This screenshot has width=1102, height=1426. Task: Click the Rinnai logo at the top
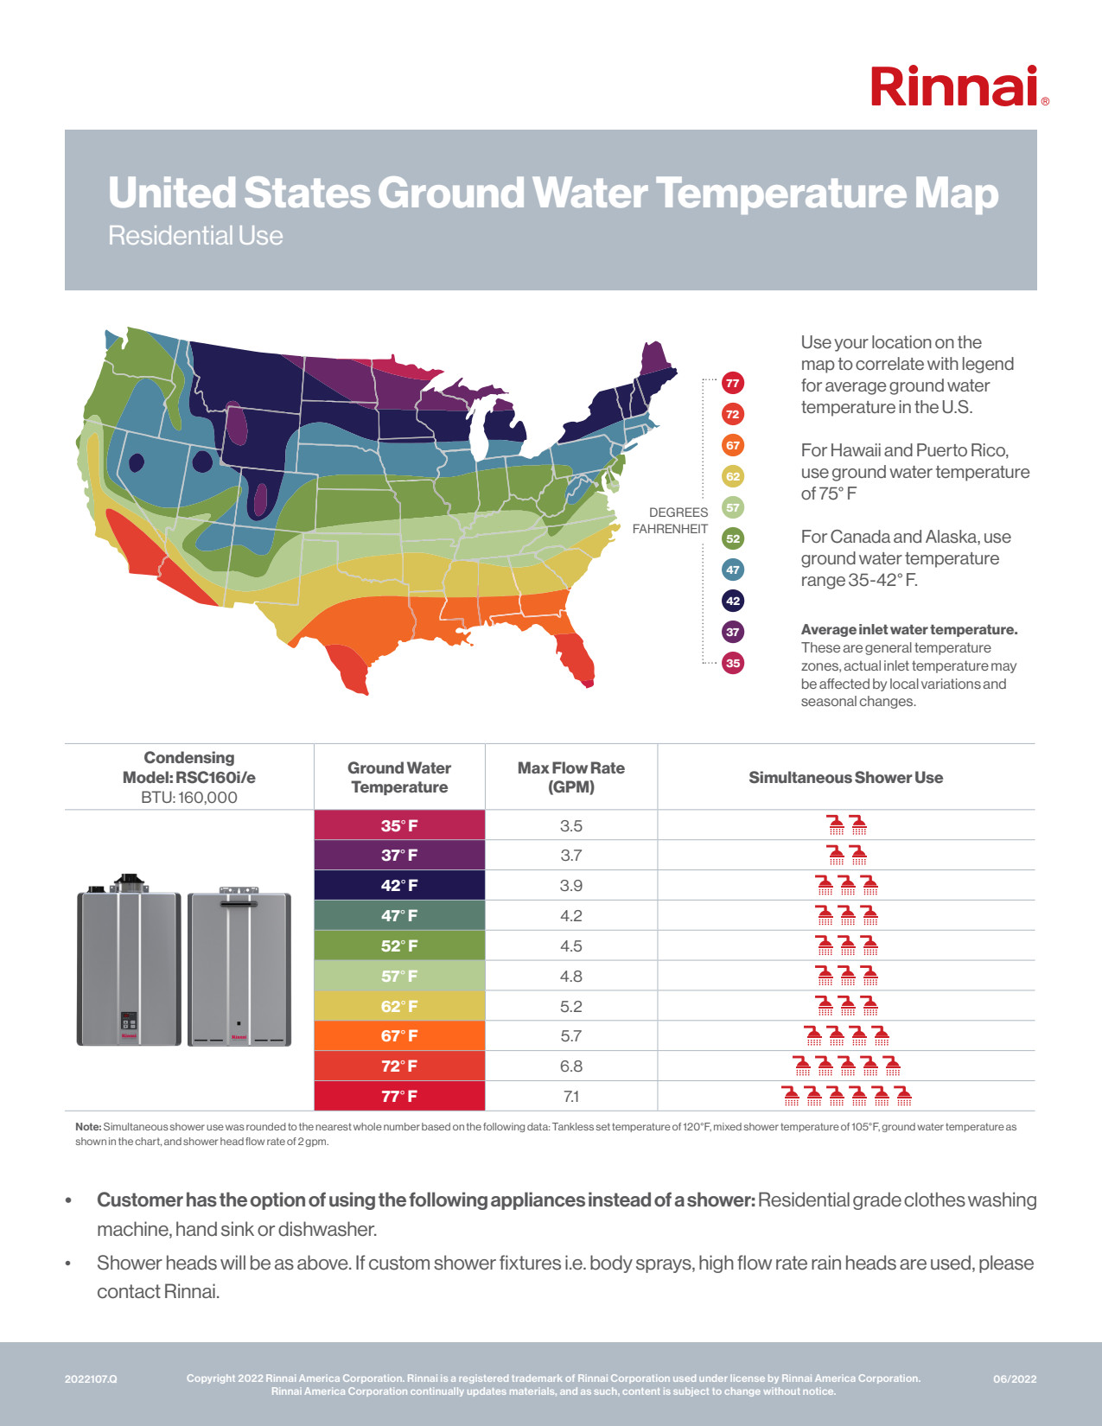coord(959,86)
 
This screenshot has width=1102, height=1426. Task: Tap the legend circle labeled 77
coord(733,383)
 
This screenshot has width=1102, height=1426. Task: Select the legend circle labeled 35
coord(733,663)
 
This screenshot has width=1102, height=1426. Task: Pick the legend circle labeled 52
coord(733,538)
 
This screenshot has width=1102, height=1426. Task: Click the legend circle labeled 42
coord(733,601)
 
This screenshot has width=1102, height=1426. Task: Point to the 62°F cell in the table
coord(399,1006)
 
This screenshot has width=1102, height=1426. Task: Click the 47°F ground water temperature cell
coord(399,915)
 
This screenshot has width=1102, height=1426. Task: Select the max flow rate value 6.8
coord(571,1066)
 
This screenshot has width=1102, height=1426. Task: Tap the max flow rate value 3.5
coord(571,825)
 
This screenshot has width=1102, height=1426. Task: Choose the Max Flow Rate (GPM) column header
coord(571,778)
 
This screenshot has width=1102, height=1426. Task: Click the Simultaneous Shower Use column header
coord(845,778)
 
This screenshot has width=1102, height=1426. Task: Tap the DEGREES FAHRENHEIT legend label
coord(671,520)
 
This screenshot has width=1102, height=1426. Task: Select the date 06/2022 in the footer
coord(1015,1379)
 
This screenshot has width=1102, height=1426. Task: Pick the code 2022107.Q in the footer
coord(91,1379)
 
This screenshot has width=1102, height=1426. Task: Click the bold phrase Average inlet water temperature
coord(909,630)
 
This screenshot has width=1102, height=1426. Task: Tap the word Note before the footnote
coord(88,1127)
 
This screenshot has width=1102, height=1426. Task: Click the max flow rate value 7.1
coord(571,1097)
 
